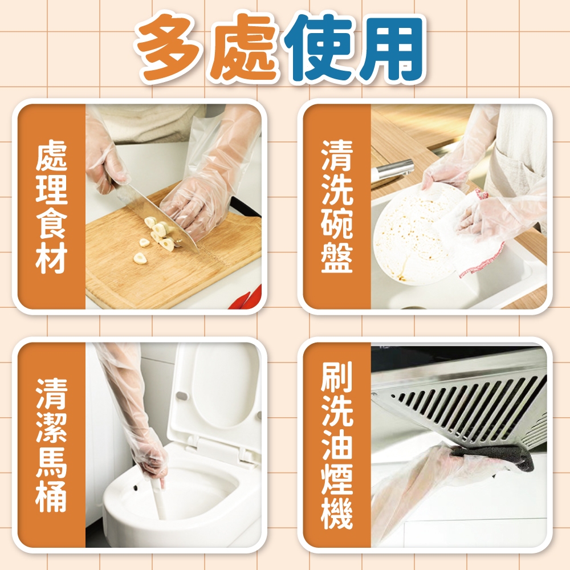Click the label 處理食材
(52, 206)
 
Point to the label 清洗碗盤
(337, 206)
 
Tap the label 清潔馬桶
(52, 445)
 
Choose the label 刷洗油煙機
(337, 445)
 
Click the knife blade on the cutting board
(160, 218)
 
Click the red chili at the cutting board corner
(247, 298)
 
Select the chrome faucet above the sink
(393, 170)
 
